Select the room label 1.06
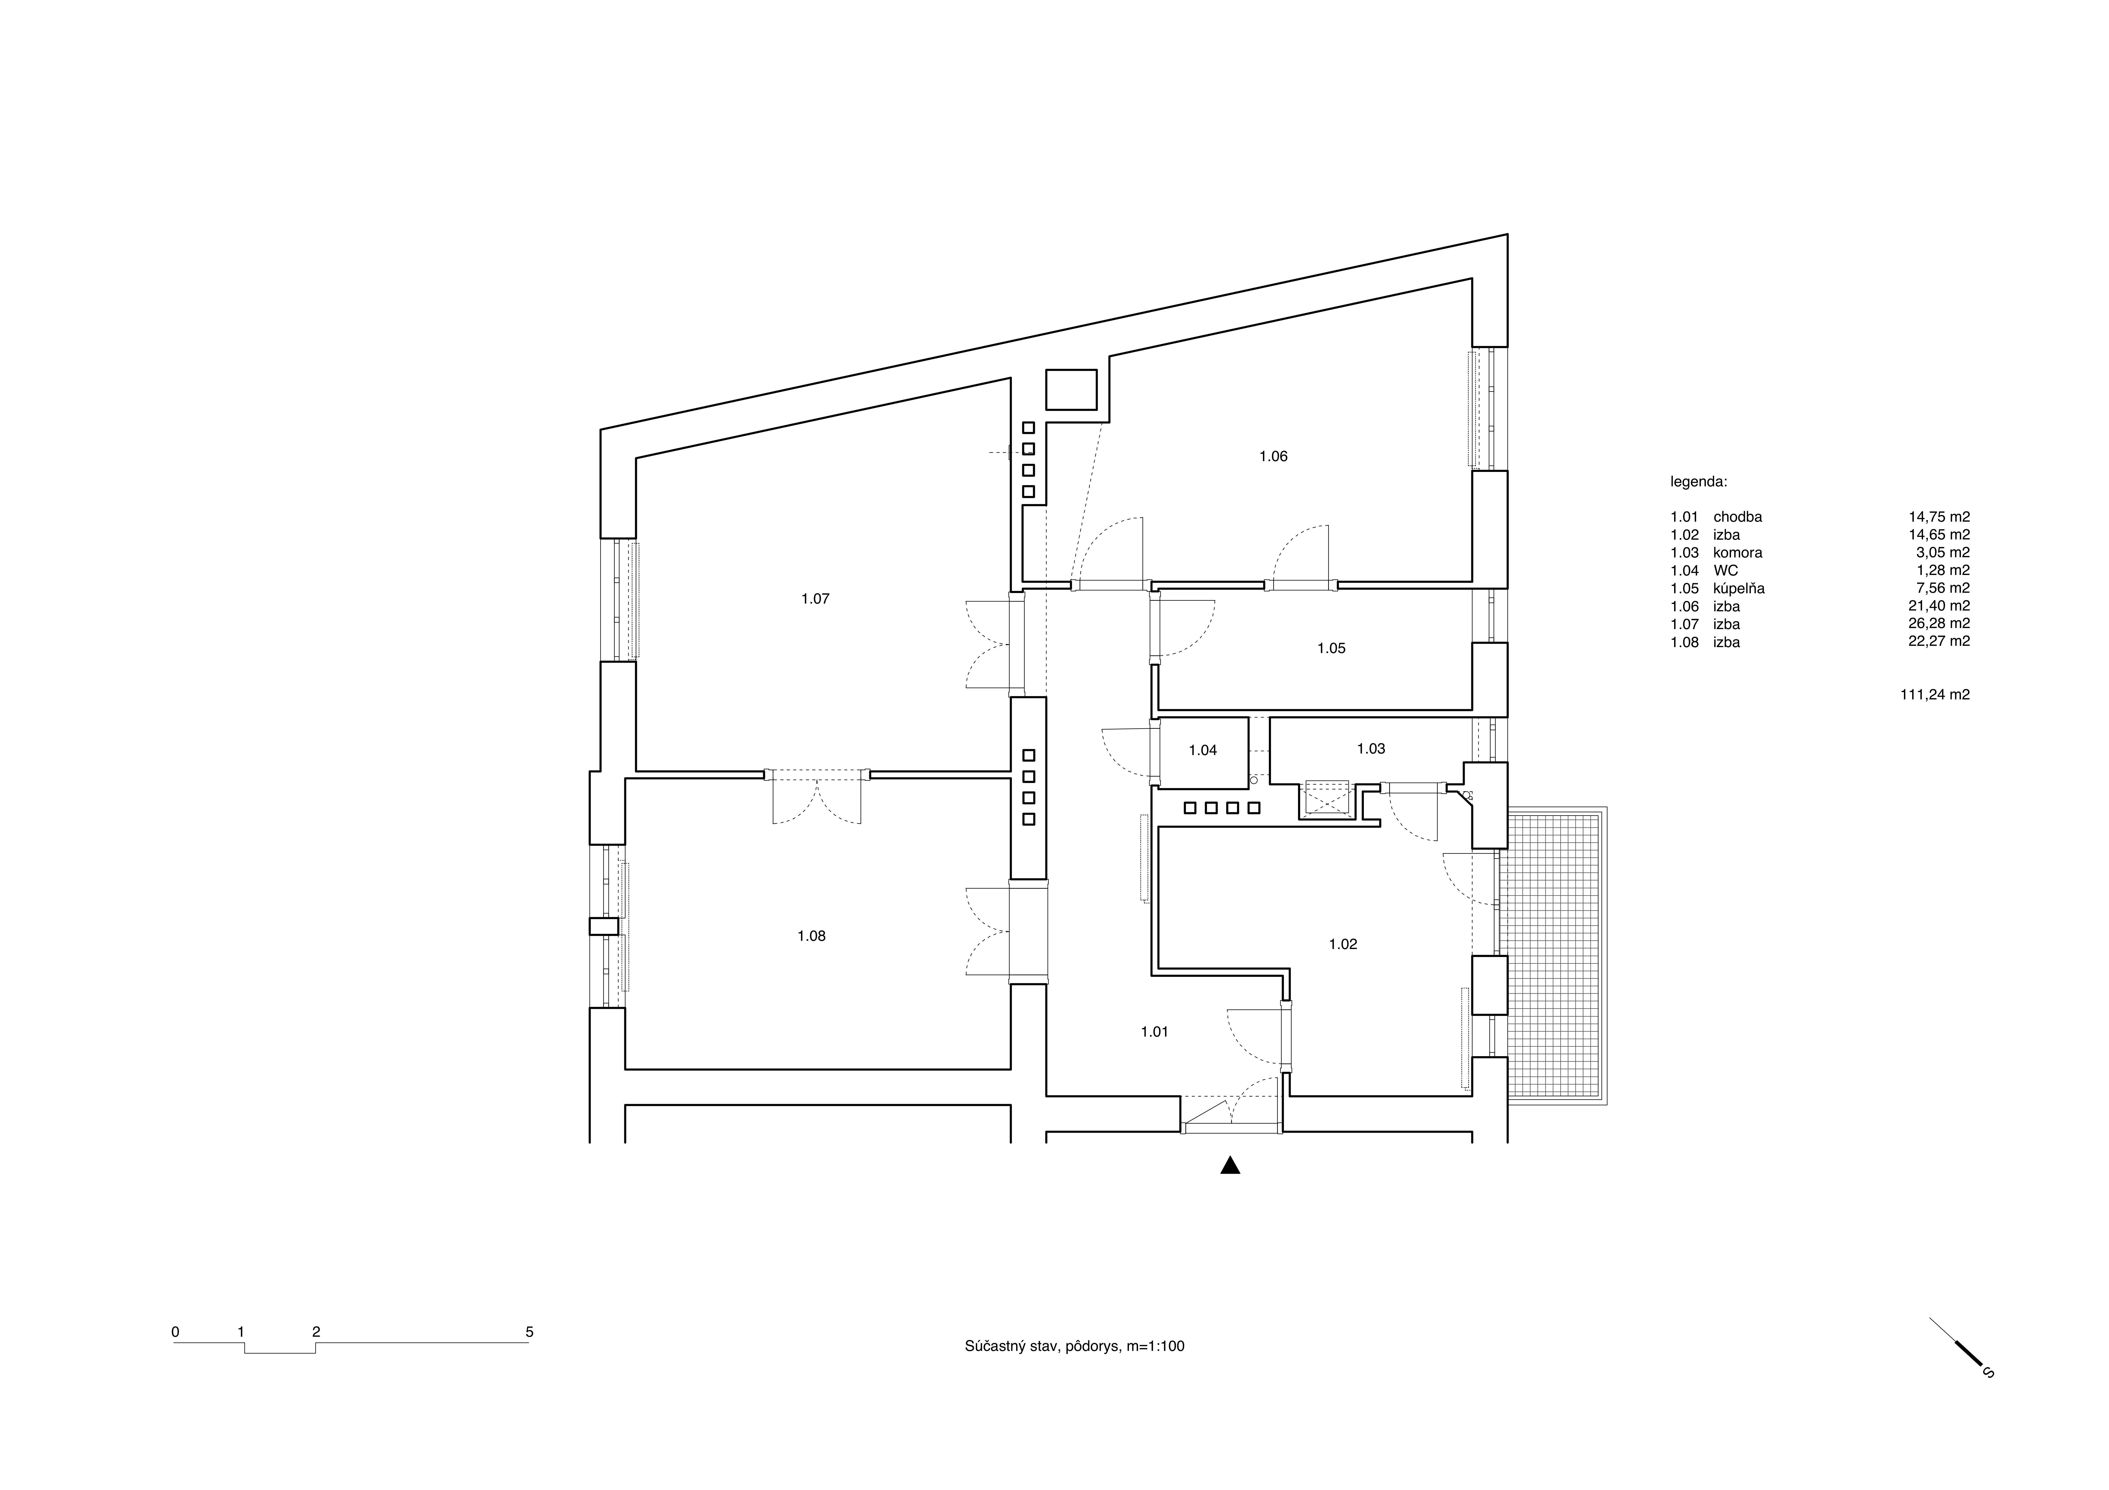pyautogui.click(x=1273, y=456)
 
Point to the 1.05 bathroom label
pyautogui.click(x=1331, y=649)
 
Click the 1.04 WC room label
pyautogui.click(x=1202, y=750)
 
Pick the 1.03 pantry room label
pyautogui.click(x=1370, y=749)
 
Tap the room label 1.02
pyautogui.click(x=1343, y=944)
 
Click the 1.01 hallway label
pyautogui.click(x=1155, y=1032)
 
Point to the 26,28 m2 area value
pyautogui.click(x=1939, y=624)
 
